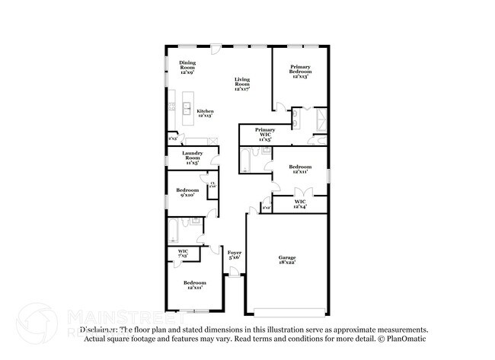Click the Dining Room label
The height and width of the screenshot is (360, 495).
(187, 68)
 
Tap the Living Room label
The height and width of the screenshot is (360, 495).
(242, 83)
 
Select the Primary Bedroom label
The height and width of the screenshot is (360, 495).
(299, 72)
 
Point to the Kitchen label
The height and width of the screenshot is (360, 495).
(205, 113)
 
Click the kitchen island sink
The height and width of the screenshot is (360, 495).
(186, 108)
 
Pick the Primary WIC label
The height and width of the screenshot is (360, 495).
(265, 133)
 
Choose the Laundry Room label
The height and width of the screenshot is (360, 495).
(191, 158)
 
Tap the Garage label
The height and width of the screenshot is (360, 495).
(286, 261)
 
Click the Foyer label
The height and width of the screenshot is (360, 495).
(235, 254)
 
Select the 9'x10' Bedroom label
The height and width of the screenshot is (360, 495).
(187, 192)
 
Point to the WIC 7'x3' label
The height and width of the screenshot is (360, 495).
(183, 253)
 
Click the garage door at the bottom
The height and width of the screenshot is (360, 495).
(290, 311)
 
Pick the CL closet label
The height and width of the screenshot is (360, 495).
(212, 184)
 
